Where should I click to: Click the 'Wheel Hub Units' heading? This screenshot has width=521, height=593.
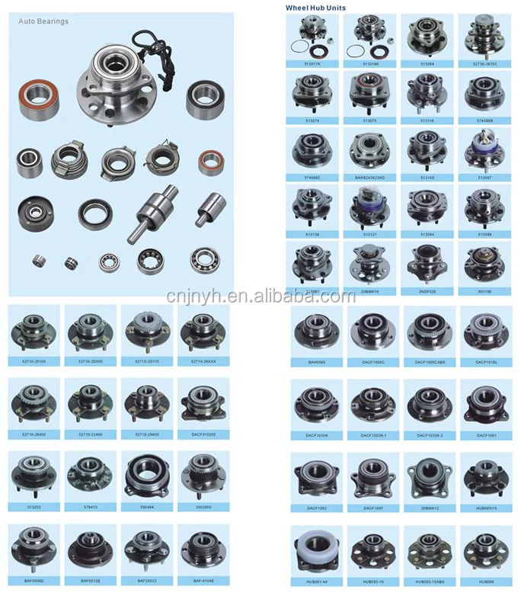[x=315, y=7]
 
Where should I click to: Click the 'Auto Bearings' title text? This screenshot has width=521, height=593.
[x=43, y=21]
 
